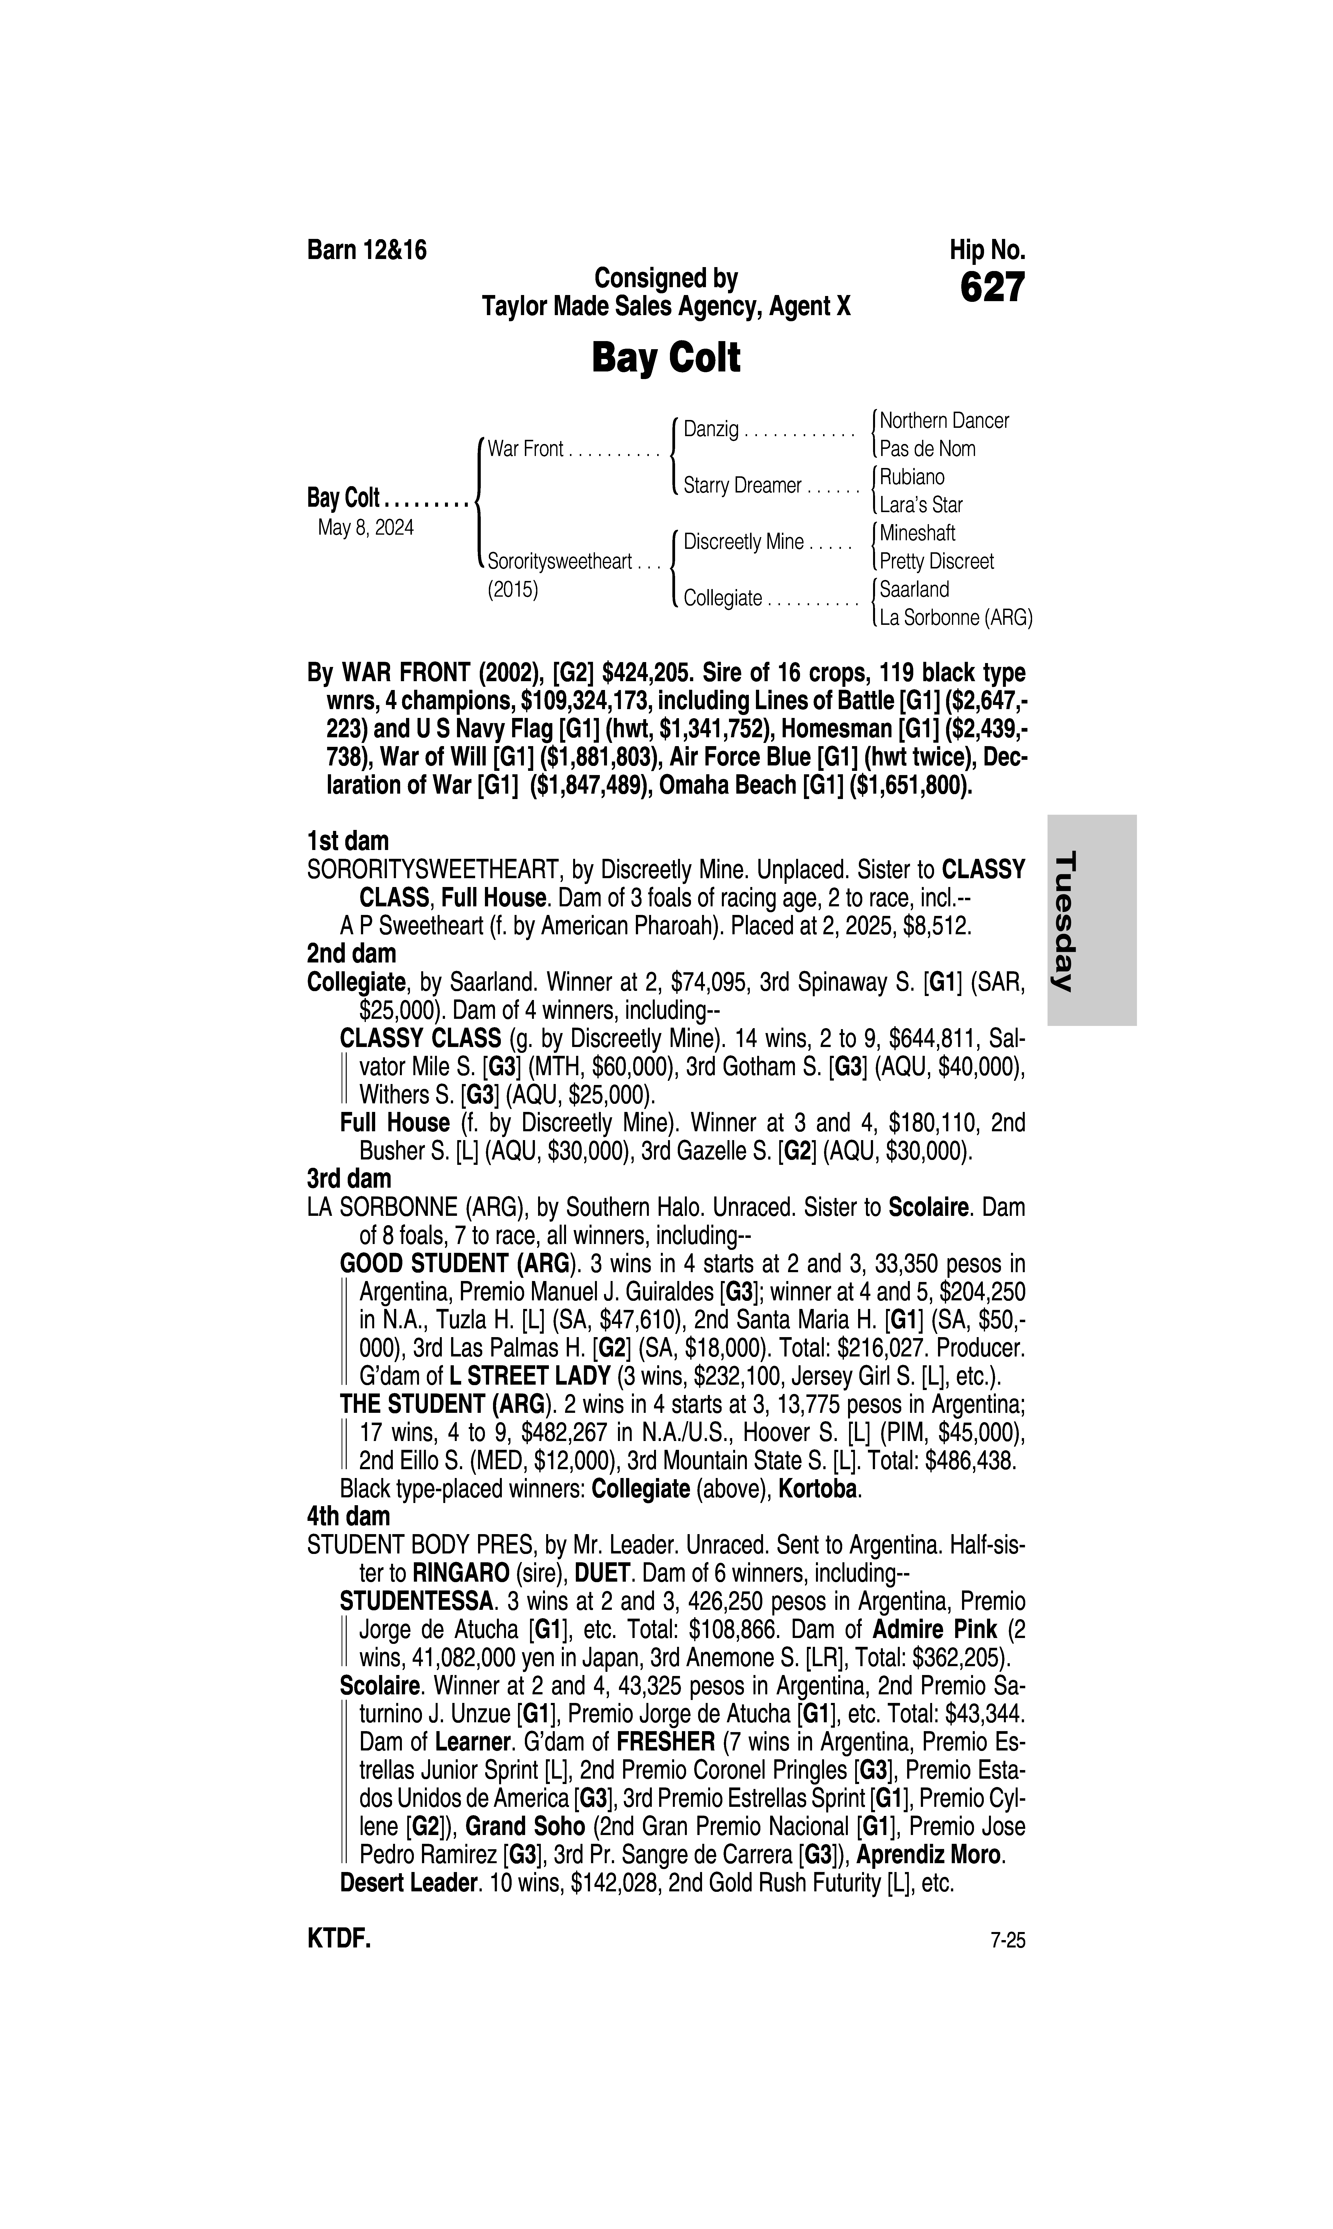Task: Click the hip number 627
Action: (992, 288)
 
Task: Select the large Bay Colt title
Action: (666, 358)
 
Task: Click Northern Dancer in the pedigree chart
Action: (944, 420)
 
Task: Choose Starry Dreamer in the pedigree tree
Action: (742, 486)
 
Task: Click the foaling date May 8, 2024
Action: (366, 528)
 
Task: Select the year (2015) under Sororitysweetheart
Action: (513, 590)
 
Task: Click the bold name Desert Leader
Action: (408, 1883)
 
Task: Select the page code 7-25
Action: (1007, 1941)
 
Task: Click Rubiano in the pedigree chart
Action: (912, 477)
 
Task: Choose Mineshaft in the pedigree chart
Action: (917, 533)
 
